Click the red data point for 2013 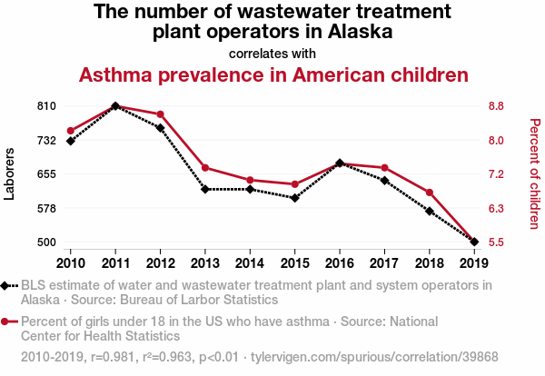205,168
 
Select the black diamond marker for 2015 294,198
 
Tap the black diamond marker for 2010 70,141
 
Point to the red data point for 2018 429,193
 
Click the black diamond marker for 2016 340,163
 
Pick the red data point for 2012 160,114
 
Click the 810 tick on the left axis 47,106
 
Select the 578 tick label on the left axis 47,208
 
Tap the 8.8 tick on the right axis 496,106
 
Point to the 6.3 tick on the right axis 496,208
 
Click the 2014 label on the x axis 250,262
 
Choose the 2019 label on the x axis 473,262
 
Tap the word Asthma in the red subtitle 114,74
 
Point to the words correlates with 272,54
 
